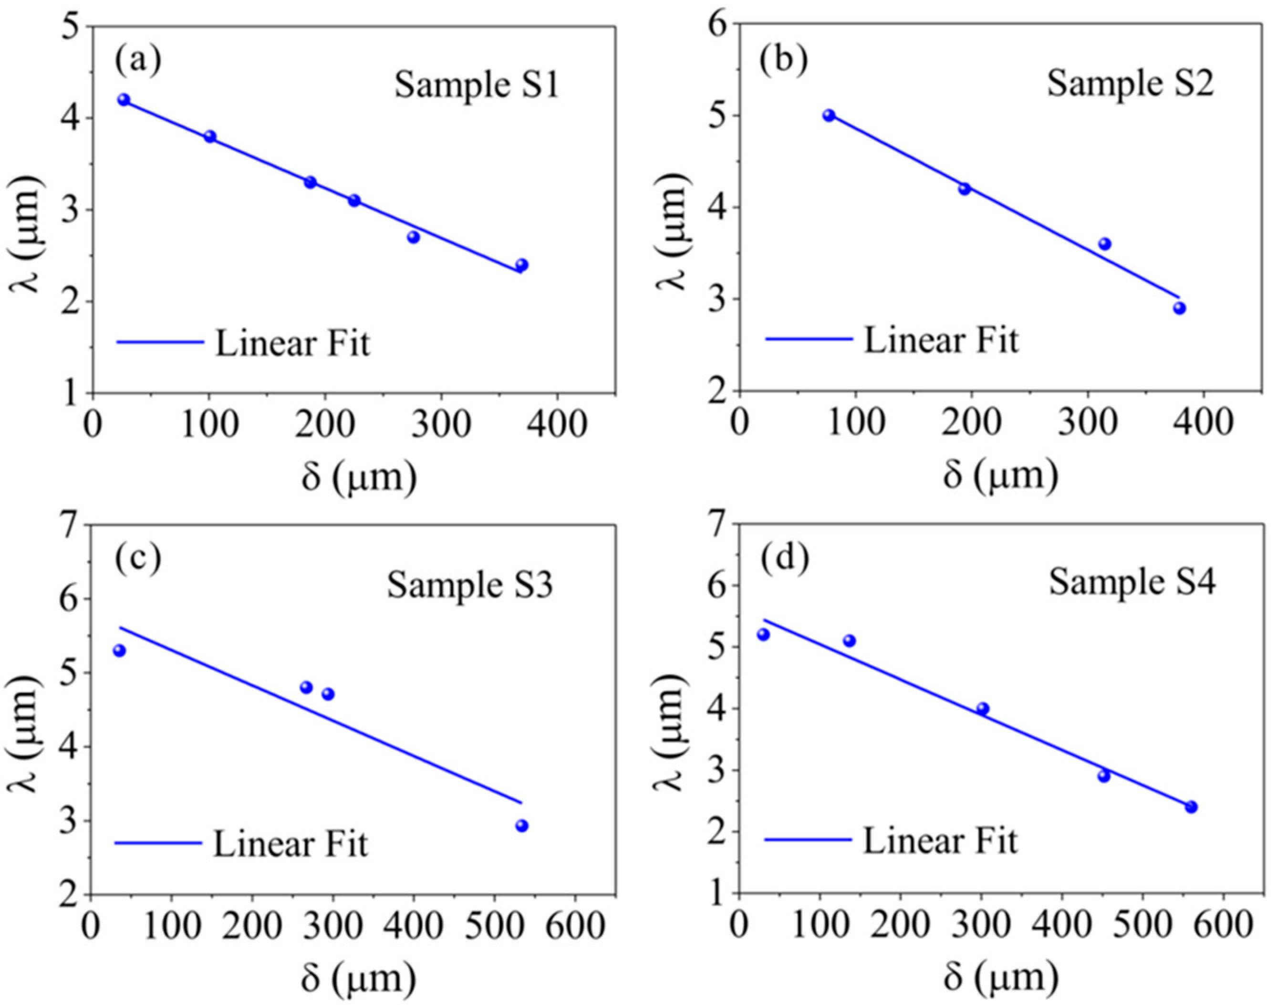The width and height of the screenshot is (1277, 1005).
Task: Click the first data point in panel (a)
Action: pyautogui.click(x=124, y=99)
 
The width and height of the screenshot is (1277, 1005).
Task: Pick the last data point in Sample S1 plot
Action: pyautogui.click(x=522, y=265)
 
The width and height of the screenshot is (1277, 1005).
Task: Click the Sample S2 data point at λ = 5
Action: pyautogui.click(x=829, y=115)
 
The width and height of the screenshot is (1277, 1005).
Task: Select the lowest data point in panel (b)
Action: pyautogui.click(x=1179, y=308)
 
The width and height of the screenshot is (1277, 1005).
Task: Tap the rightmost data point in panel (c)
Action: pyautogui.click(x=522, y=826)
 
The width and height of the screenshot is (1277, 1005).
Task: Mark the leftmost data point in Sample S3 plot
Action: pyautogui.click(x=119, y=650)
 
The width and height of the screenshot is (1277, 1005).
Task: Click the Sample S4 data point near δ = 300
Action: pyautogui.click(x=983, y=709)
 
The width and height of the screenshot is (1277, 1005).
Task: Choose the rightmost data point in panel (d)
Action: pyautogui.click(x=1191, y=806)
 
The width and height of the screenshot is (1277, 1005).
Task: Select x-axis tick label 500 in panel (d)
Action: pyautogui.click(x=1142, y=927)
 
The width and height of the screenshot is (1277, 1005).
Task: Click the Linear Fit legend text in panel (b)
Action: pyautogui.click(x=941, y=341)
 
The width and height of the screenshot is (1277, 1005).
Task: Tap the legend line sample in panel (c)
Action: pyautogui.click(x=159, y=843)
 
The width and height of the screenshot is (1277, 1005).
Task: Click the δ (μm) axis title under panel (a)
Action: pyautogui.click(x=359, y=477)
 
